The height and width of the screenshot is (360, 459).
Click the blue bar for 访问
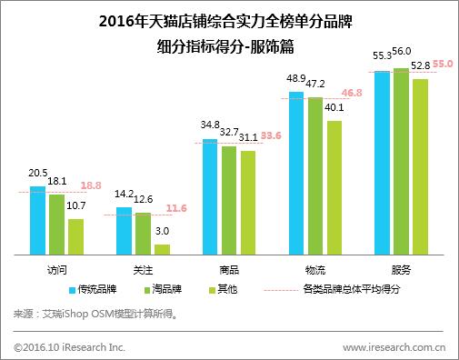pyautogui.click(x=37, y=222)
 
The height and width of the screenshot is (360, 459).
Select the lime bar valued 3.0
pyautogui.click(x=162, y=250)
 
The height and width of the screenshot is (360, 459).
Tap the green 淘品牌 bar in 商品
pyautogui.click(x=228, y=201)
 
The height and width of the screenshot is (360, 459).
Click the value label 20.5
pyautogui.click(x=37, y=173)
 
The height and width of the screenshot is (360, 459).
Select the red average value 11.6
pyautogui.click(x=177, y=208)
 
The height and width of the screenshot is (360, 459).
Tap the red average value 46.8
pyautogui.click(x=351, y=93)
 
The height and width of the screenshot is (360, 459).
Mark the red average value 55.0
pyautogui.click(x=442, y=65)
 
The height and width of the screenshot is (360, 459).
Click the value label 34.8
pyautogui.click(x=210, y=125)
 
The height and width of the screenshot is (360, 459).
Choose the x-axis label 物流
pyautogui.click(x=314, y=270)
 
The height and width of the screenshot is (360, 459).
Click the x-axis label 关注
pyautogui.click(x=143, y=270)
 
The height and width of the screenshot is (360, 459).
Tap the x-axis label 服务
pyautogui.click(x=401, y=270)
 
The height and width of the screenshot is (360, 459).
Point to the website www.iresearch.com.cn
pyautogui.click(x=393, y=346)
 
